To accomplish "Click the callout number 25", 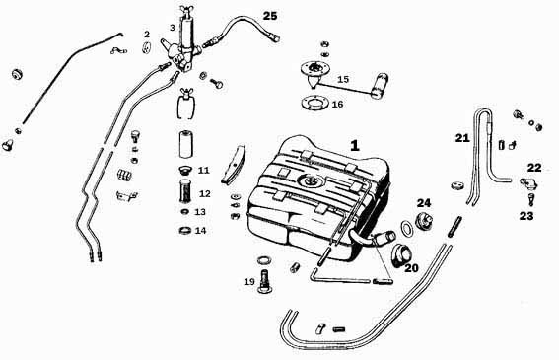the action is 270,16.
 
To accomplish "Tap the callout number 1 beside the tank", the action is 355,146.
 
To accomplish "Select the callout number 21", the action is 462,138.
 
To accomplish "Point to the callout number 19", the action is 249,282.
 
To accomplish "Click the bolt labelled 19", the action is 264,281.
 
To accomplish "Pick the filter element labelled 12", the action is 185,192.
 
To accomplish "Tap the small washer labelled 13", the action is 185,212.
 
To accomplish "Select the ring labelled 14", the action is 185,230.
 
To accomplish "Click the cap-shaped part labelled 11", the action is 185,170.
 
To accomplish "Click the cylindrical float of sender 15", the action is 380,85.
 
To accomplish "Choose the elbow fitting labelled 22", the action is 529,183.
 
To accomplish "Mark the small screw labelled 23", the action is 530,198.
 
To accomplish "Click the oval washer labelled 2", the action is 147,48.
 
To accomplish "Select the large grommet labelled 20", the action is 401,253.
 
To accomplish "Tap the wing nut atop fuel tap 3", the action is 186,10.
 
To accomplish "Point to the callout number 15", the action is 343,79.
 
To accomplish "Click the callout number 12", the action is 205,193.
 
